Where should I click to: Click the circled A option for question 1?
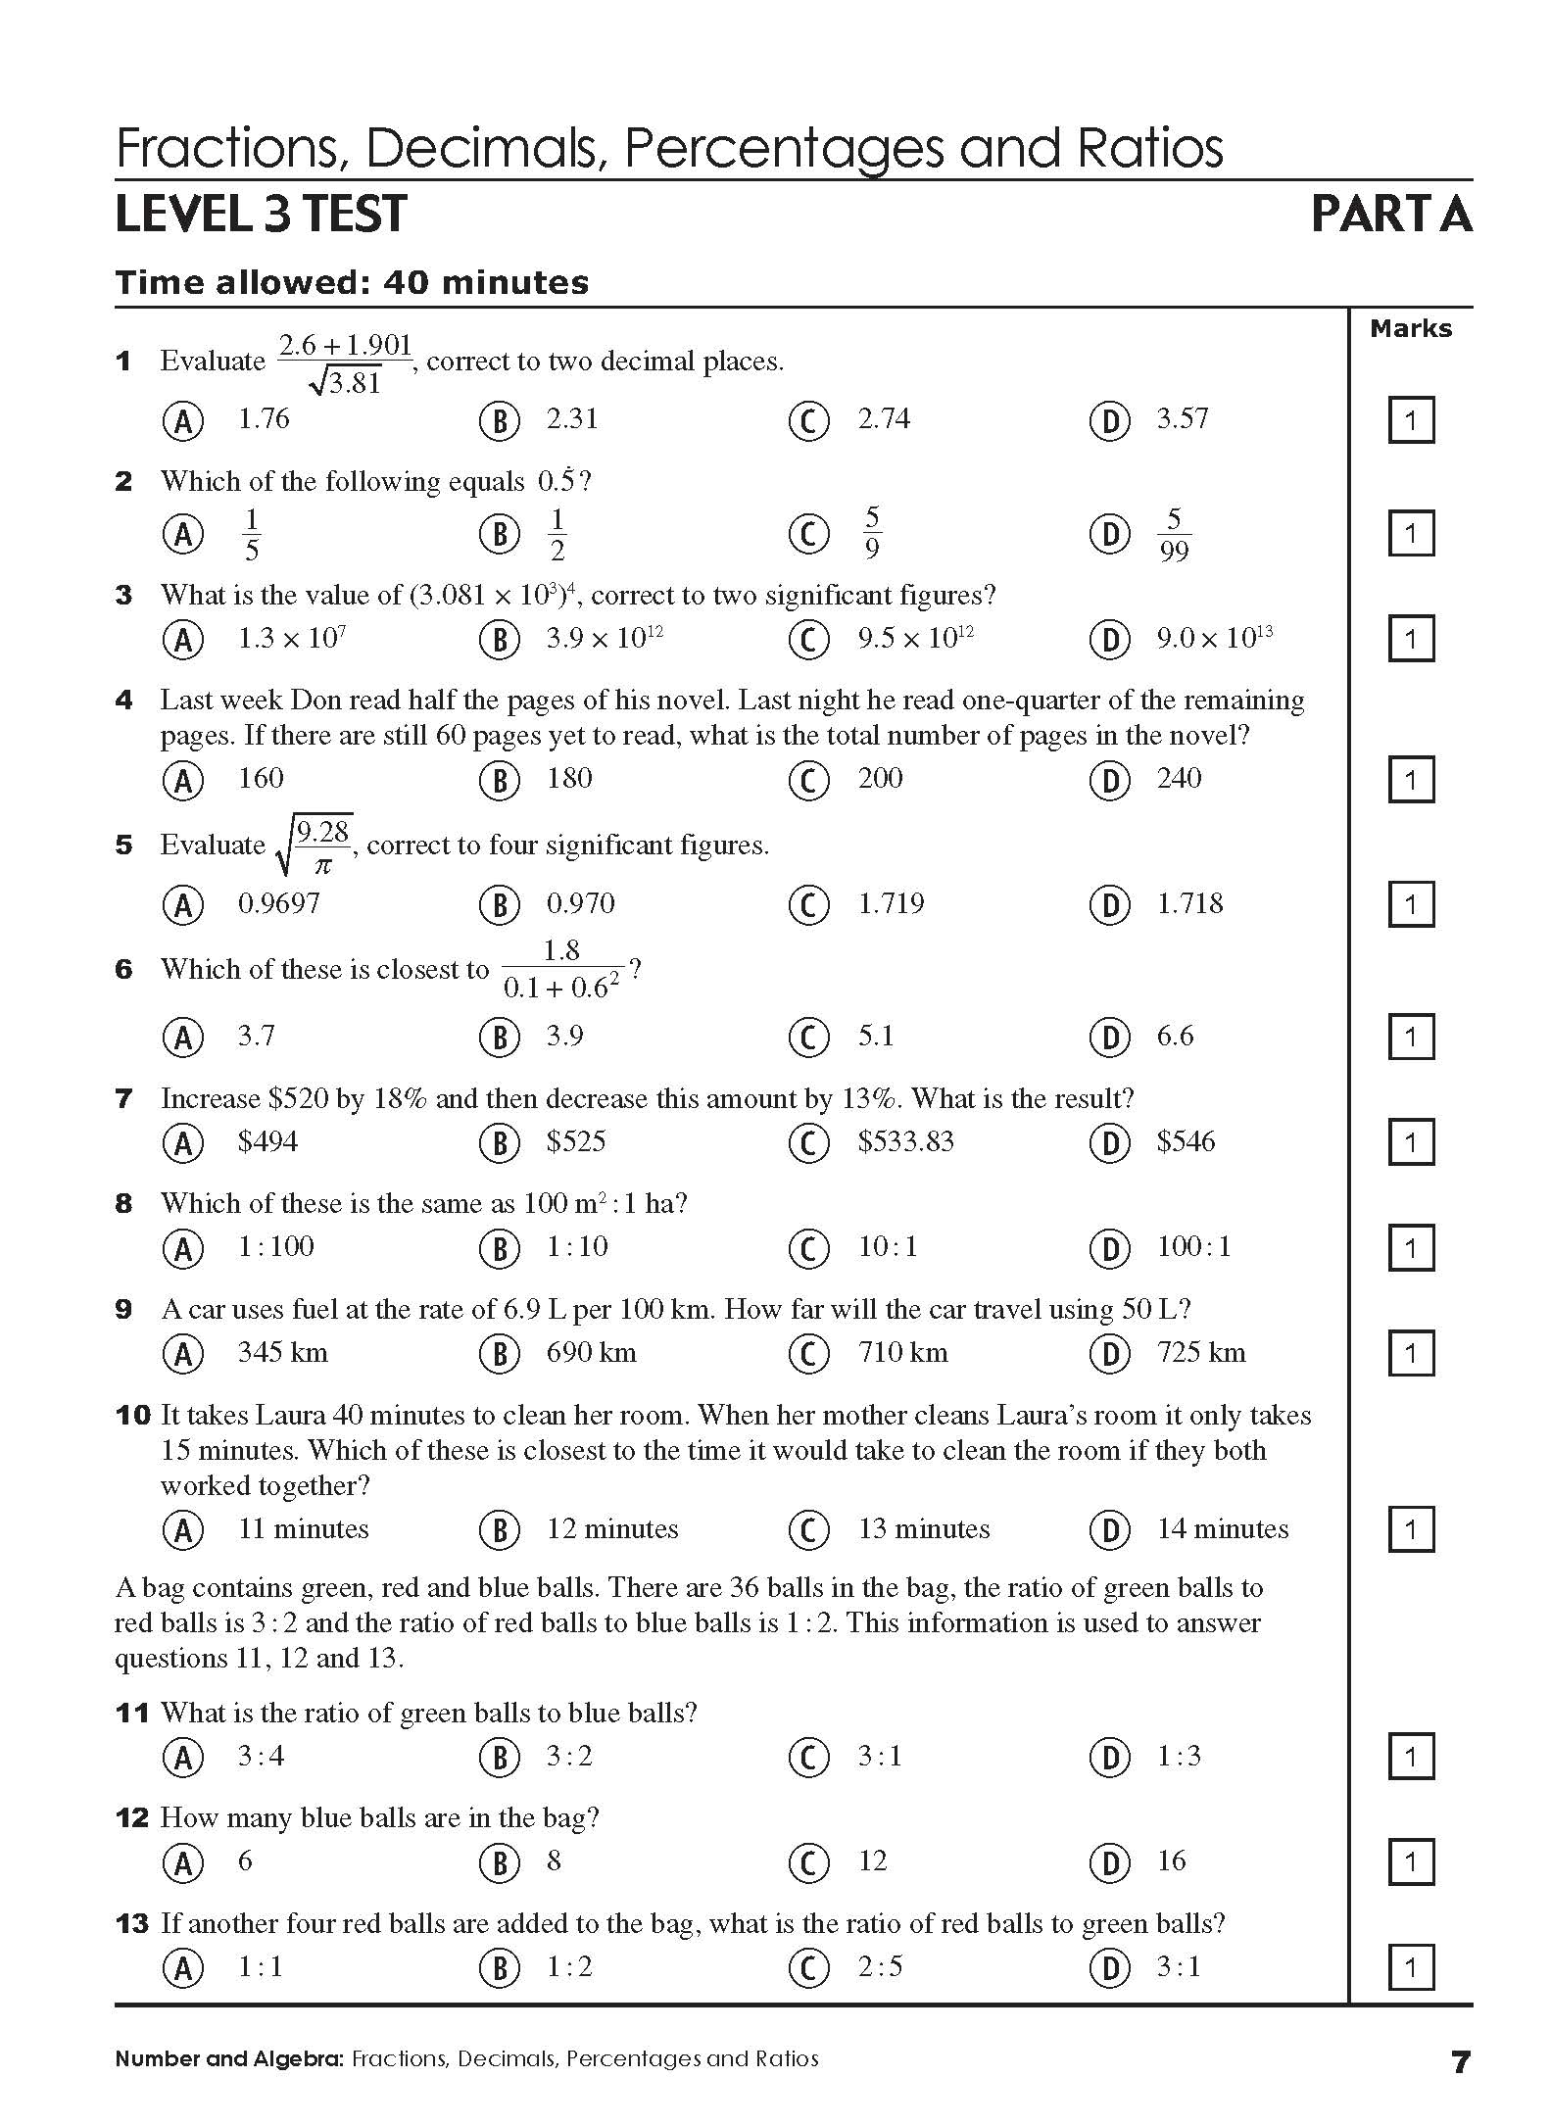pos(183,421)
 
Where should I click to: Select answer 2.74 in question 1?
pos(884,419)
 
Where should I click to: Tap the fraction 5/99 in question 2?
pos(1173,535)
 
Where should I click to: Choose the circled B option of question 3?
pos(499,640)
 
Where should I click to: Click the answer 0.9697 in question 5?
pos(278,903)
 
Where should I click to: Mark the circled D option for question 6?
pos(1110,1038)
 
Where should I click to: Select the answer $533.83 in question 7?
pos(905,1141)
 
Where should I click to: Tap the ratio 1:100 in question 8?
pos(275,1247)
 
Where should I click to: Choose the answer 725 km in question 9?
pos(1200,1353)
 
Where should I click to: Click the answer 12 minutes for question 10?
pos(611,1529)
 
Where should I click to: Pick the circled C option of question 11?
pos(808,1757)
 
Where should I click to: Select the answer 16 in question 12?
pos(1171,1861)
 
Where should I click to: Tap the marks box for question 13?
pos(1411,1967)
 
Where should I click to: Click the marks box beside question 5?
pos(1411,904)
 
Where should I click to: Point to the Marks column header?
pos(1411,329)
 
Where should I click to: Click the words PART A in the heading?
pos(1391,215)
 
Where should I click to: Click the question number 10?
pos(133,1416)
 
